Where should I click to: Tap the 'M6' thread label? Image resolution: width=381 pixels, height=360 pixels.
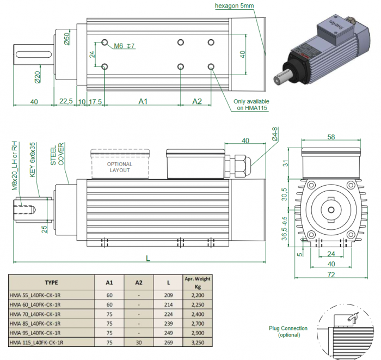[x=119, y=46]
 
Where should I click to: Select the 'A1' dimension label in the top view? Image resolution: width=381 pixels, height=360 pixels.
[x=143, y=102]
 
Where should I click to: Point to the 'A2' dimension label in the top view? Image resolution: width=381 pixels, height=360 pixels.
[x=197, y=102]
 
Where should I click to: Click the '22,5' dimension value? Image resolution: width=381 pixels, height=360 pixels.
[x=66, y=102]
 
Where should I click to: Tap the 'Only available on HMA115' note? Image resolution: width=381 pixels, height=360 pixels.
[x=251, y=105]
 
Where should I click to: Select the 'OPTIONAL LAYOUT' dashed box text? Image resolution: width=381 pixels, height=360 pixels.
[x=119, y=167]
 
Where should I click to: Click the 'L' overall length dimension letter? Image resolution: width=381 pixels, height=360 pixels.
[x=149, y=256]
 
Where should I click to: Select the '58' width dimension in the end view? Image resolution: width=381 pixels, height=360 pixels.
[x=331, y=138]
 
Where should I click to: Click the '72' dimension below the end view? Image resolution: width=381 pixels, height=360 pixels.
[x=331, y=276]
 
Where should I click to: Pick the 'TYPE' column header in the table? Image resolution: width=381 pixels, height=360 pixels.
[x=51, y=283]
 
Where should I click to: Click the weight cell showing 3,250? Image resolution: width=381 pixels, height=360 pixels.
[x=197, y=343]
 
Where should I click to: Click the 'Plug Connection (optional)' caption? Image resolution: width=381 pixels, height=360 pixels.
[x=288, y=332]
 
